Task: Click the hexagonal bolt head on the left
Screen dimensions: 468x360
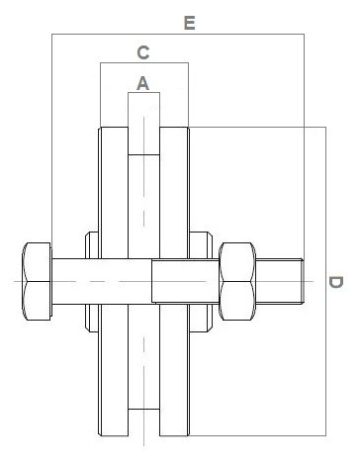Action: [x=35, y=281]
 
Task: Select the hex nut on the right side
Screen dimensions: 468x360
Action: [x=238, y=281]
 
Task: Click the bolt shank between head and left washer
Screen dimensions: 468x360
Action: [x=69, y=281]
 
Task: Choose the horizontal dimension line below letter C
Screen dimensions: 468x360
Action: [x=143, y=65]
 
